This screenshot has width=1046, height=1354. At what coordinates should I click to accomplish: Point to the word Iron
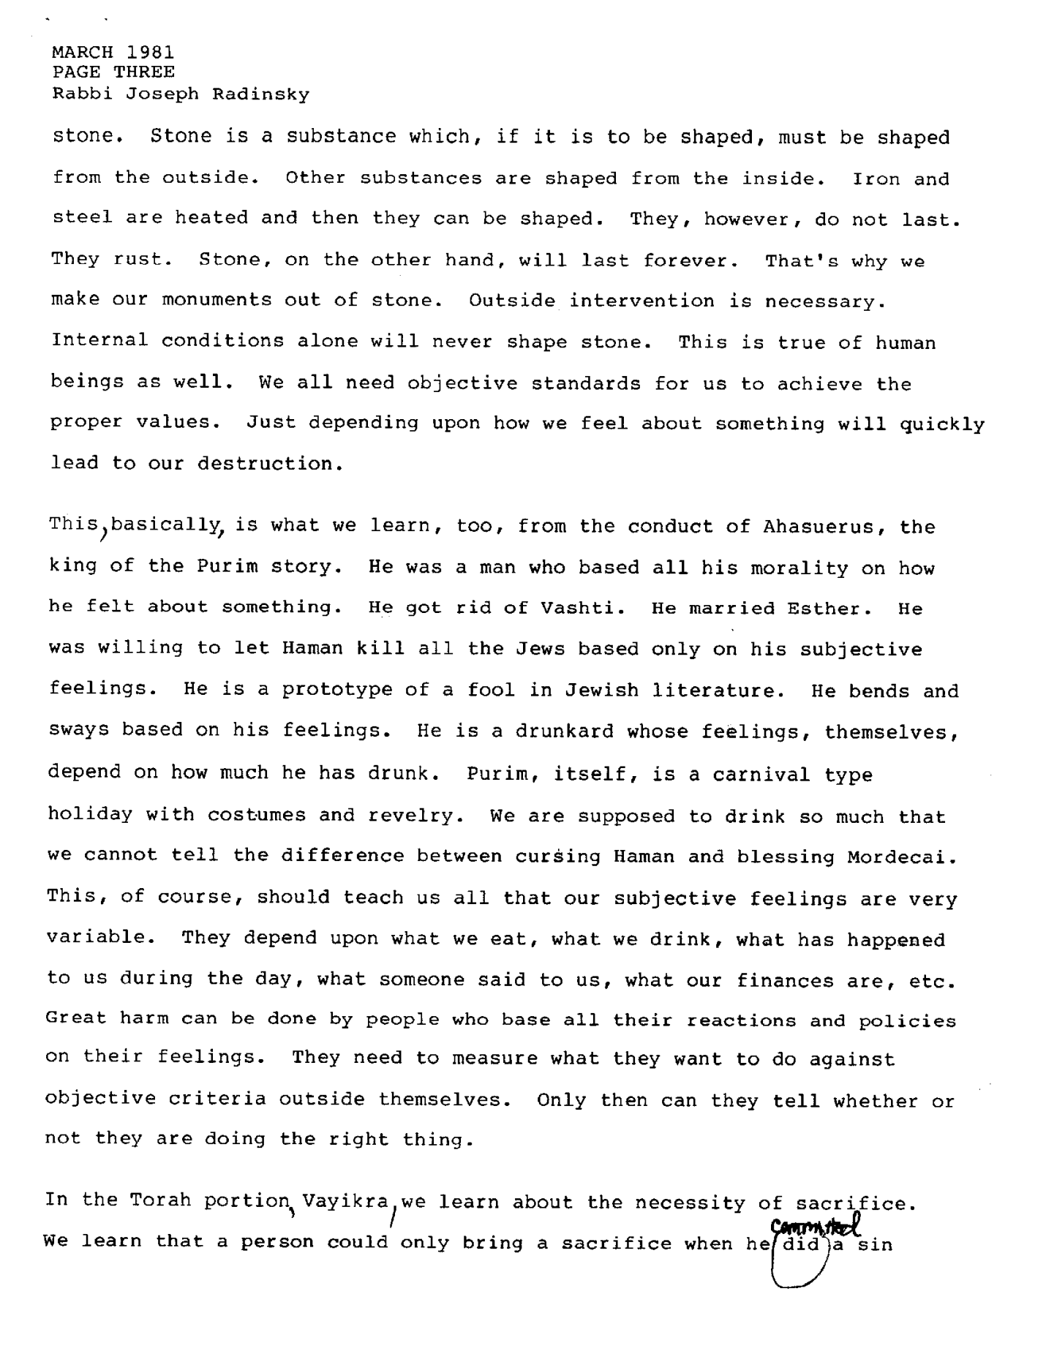pos(876,178)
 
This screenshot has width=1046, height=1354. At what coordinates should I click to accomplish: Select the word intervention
pos(642,301)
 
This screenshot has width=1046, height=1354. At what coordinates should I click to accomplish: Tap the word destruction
pos(265,464)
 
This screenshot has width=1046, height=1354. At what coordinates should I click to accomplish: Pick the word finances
pos(785,979)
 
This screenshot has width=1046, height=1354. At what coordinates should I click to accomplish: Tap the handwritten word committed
pos(814,1222)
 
